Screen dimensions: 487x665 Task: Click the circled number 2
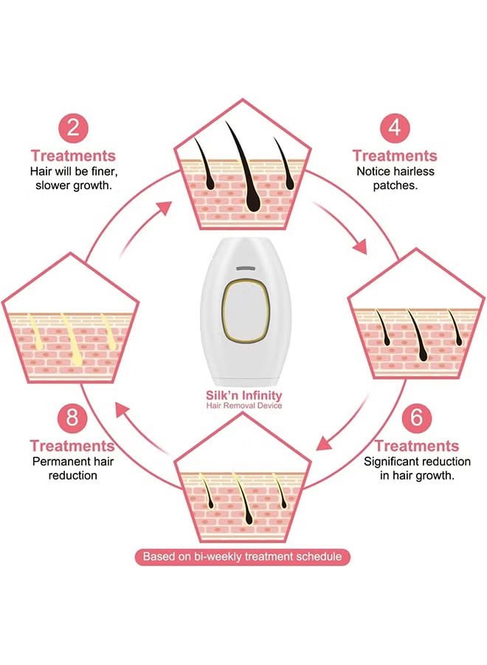click(x=72, y=127)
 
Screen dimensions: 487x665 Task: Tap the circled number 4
click(x=395, y=127)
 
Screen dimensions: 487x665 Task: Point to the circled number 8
click(x=72, y=417)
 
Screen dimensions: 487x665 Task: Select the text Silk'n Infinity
click(x=243, y=395)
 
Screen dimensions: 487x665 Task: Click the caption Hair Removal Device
click(x=243, y=406)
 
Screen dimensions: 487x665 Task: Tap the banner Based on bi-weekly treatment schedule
click(x=243, y=556)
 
